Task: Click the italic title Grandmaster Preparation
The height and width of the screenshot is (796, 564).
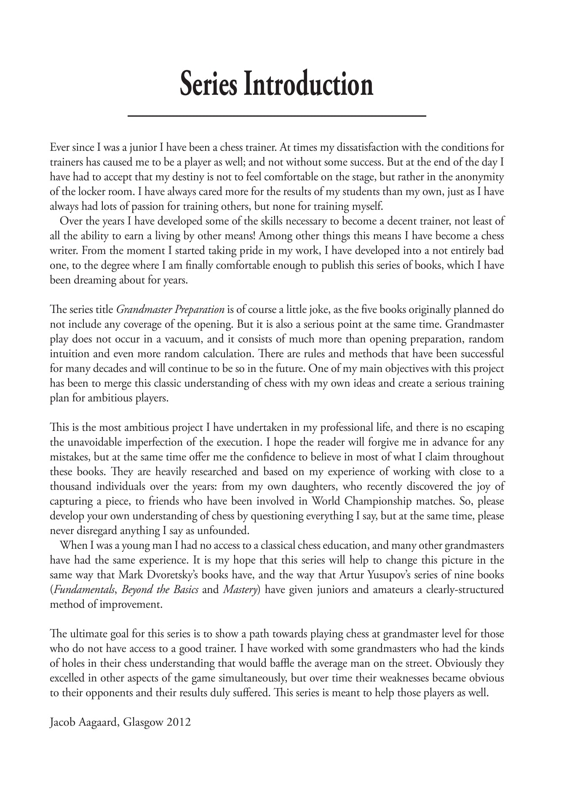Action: click(x=170, y=310)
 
